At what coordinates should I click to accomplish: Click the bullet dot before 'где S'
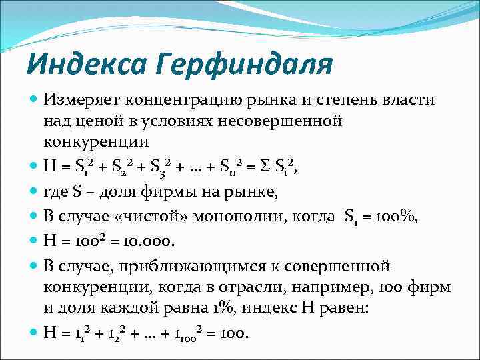(x=34, y=193)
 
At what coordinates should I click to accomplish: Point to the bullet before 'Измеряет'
(x=34, y=99)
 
